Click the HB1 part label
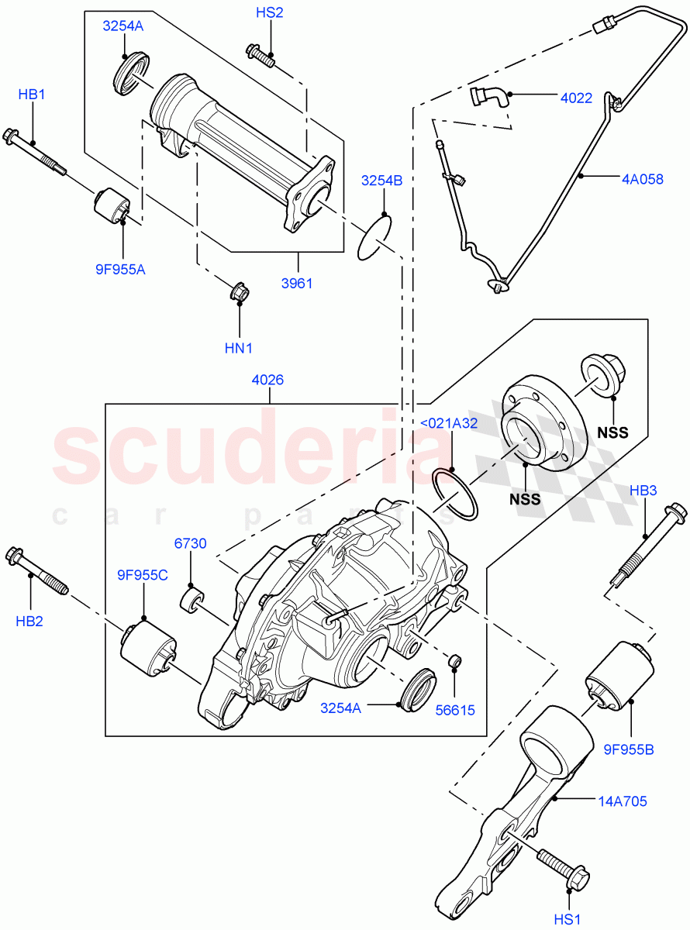point(32,95)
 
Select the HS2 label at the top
point(270,13)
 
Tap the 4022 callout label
point(576,98)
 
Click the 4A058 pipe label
point(642,178)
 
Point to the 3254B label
point(381,181)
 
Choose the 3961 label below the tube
point(296,283)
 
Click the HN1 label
point(239,349)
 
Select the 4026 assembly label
point(267,380)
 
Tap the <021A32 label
point(449,422)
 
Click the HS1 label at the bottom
point(568,918)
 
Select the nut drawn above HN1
point(239,293)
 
